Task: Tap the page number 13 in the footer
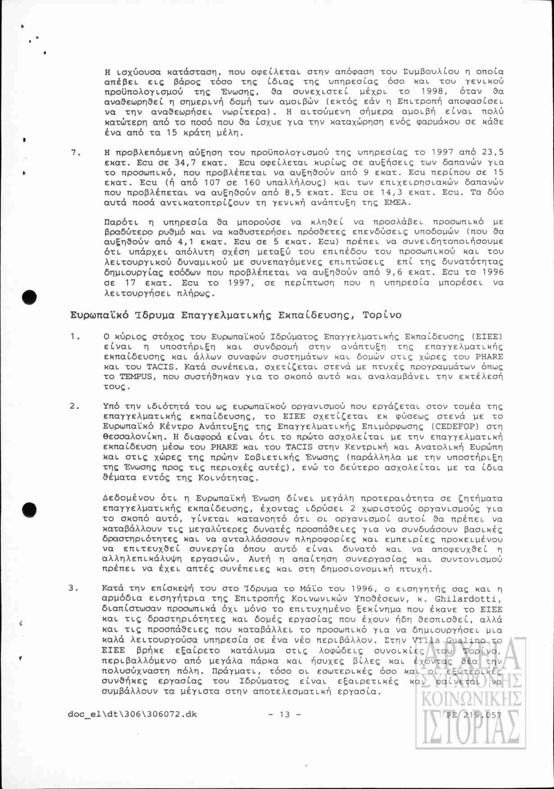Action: point(284,714)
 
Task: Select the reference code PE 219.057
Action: point(474,714)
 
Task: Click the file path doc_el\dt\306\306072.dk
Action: point(132,714)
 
